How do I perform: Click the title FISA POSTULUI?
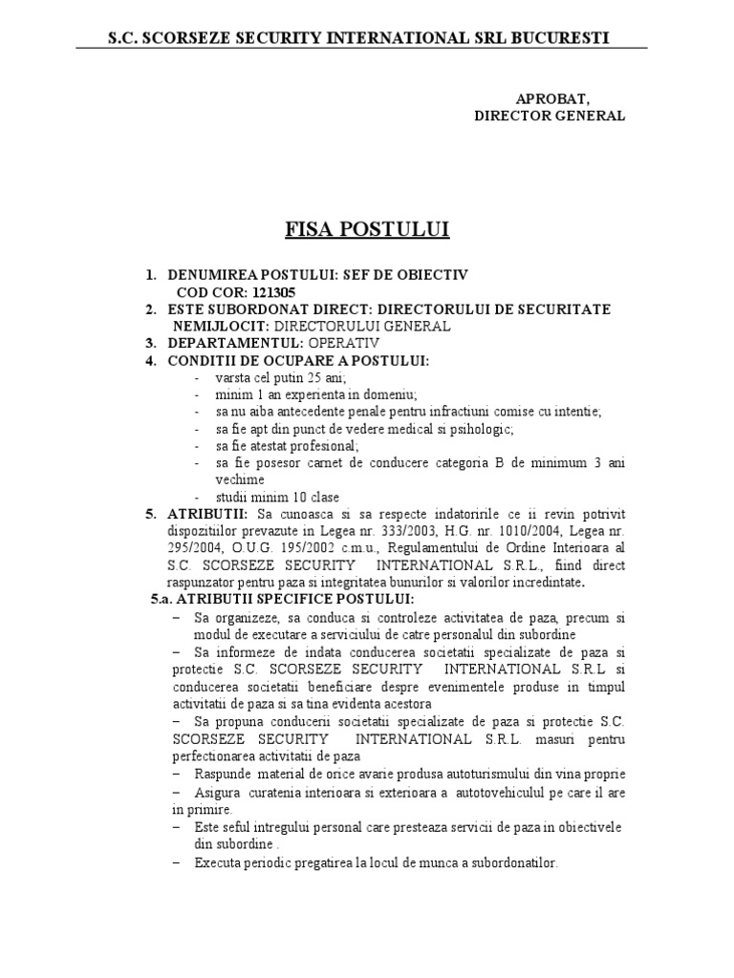pyautogui.click(x=367, y=230)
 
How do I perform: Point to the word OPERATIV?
pyautogui.click(x=343, y=342)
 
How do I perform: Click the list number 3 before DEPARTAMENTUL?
pyautogui.click(x=150, y=342)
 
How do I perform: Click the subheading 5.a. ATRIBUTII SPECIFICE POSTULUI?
pyautogui.click(x=283, y=599)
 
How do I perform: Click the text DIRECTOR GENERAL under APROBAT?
pyautogui.click(x=550, y=116)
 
